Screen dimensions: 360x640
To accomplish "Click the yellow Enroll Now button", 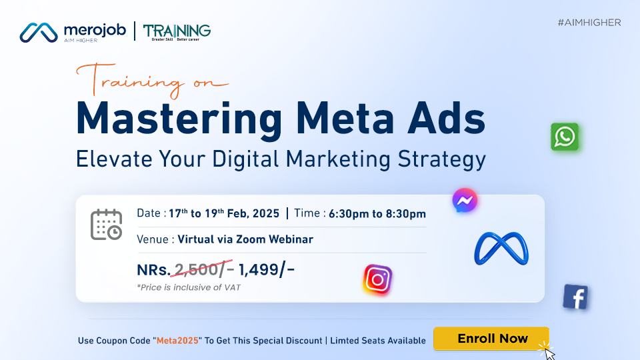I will pos(491,339).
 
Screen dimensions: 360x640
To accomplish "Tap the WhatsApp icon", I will pos(565,137).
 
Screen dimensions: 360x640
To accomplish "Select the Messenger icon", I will pos(465,200).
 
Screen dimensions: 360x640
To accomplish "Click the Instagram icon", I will pos(377,279).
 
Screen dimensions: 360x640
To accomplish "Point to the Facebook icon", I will pos(575,297).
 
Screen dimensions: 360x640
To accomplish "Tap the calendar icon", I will pos(106,224).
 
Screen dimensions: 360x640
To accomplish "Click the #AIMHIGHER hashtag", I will pos(589,23).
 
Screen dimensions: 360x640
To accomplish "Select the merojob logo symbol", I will pos(39,31).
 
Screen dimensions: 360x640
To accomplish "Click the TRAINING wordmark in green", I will pos(177,31).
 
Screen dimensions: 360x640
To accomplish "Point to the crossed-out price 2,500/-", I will pos(203,269).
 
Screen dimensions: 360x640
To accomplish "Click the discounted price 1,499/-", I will pos(266,269).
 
